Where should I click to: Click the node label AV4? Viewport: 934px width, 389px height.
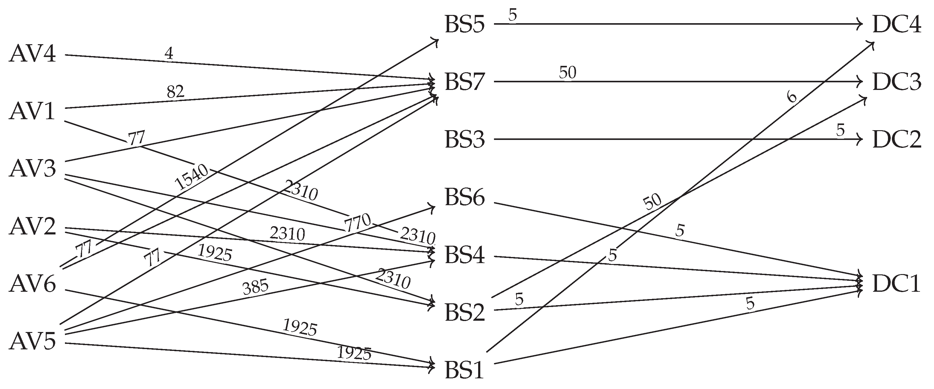(33, 54)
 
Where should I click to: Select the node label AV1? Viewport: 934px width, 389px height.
(33, 111)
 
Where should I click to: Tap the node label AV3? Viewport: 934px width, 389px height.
(33, 169)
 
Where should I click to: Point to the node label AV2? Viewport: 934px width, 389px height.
(33, 227)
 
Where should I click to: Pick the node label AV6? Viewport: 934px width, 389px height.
(33, 284)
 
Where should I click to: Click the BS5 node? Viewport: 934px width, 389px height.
(464, 25)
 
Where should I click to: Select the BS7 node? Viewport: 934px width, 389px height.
(464, 82)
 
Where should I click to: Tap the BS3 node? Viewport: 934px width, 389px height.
(464, 140)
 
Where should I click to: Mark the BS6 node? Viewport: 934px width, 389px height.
(464, 198)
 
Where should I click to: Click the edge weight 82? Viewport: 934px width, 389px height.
(176, 92)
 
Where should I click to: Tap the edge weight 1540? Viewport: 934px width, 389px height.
(192, 177)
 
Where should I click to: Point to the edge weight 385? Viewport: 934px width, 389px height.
(255, 287)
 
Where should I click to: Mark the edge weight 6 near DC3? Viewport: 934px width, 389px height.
(792, 97)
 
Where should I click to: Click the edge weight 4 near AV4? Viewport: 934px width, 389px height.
(169, 54)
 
